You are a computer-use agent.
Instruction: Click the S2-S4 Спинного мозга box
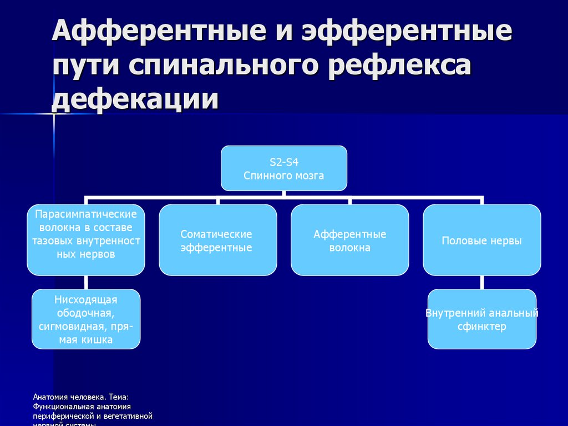point(284,168)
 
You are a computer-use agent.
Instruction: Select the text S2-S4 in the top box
point(284,162)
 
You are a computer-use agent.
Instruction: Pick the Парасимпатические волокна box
point(86,240)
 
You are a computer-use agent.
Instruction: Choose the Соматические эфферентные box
point(217,240)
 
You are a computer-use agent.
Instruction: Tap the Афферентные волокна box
point(349,240)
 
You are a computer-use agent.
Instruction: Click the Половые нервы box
point(481,240)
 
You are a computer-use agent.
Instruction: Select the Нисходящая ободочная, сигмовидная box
point(86,319)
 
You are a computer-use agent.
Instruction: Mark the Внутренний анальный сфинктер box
point(481,319)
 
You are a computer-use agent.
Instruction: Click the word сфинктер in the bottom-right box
point(481,327)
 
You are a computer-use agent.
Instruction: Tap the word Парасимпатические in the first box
point(86,214)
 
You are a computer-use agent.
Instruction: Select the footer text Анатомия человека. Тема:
point(81,398)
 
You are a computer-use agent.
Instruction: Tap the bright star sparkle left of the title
point(54,114)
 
